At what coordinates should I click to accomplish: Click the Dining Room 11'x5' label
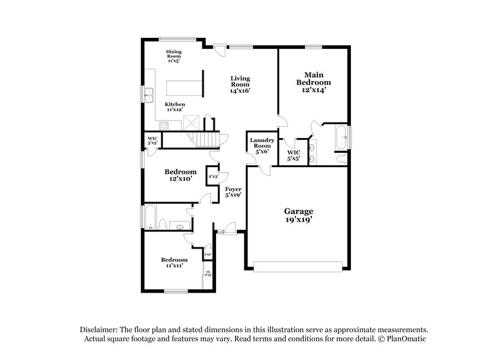(x=174, y=56)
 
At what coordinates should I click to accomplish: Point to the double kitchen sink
(x=149, y=95)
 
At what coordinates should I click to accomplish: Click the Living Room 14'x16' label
(x=241, y=84)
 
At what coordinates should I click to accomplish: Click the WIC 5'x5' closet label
(x=293, y=155)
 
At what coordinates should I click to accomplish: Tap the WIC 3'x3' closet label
(x=152, y=140)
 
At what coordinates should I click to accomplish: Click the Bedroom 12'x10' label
(x=181, y=175)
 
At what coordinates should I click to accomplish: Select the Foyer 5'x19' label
(x=233, y=192)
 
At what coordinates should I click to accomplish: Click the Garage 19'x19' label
(x=299, y=215)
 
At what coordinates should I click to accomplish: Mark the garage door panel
(x=298, y=267)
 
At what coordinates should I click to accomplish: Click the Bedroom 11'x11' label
(x=174, y=262)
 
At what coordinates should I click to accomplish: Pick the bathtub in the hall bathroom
(x=148, y=216)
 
